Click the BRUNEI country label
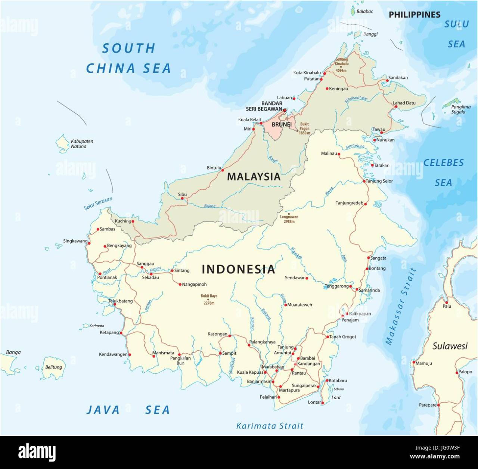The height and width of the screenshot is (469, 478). coord(282,124)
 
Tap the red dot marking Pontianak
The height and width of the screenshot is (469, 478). coord(100,274)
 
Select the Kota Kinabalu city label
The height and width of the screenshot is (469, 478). coord(307,73)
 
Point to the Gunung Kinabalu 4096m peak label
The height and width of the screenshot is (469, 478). coord(341,65)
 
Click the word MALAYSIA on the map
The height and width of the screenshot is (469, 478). coord(254,177)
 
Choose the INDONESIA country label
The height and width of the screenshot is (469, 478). coord(238,269)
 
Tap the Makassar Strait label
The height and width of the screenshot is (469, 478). coord(400,306)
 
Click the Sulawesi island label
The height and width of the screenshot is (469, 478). coord(450,346)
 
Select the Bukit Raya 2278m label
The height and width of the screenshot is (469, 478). coord(209,299)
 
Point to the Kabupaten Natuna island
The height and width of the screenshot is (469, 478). coord(62,144)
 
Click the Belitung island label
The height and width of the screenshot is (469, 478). coord(53,367)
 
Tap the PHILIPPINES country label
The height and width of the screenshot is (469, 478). coord(415,15)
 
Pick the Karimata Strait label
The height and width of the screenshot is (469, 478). coord(270,426)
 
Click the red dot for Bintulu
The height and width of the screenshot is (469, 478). coord(223,170)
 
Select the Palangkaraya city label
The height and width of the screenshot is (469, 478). coord(263,342)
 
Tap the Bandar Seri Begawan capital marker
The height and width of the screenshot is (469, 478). coord(285,110)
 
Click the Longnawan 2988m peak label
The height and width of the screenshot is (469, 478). coord(289,219)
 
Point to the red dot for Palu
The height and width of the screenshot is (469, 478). coord(446,302)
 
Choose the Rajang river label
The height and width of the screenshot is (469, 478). coord(209,206)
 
